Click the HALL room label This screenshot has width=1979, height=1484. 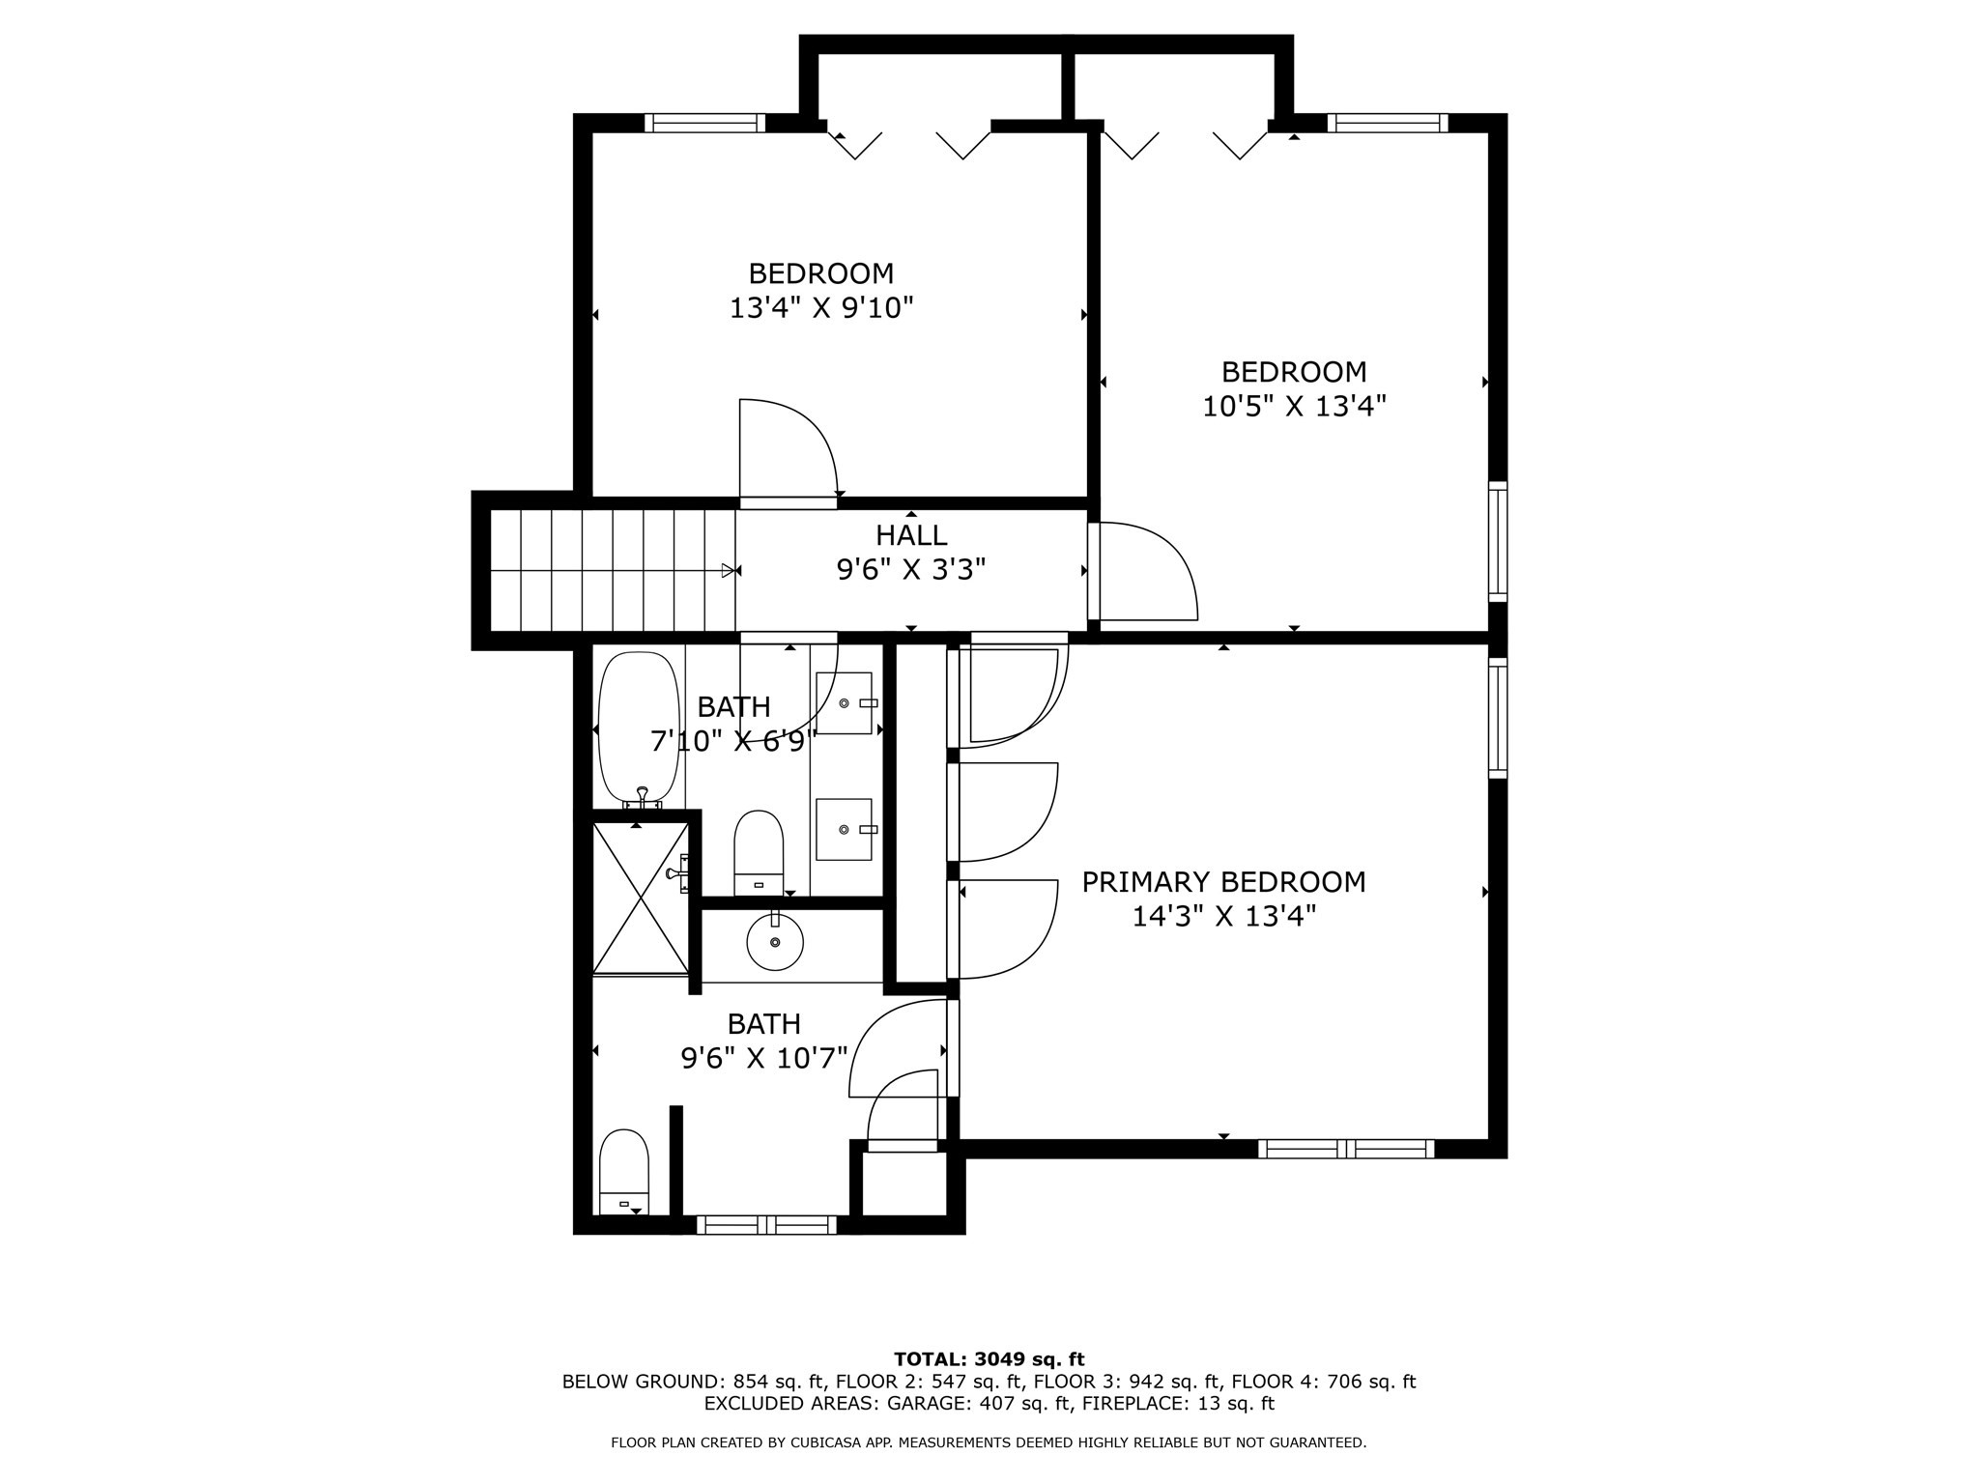911,535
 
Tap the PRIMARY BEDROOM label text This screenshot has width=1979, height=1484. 1223,882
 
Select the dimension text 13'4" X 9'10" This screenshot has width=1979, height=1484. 821,308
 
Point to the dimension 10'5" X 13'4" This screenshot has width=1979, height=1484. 1294,406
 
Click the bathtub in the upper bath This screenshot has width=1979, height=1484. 641,731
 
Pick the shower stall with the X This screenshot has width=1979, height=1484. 640,898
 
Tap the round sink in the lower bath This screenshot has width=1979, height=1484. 775,941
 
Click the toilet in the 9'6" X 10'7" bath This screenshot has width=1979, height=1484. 624,1172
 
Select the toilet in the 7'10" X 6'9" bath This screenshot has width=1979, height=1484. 759,853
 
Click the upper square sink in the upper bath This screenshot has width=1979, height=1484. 844,703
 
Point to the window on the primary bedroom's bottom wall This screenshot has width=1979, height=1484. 1346,1149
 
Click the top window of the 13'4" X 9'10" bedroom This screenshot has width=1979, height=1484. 704,123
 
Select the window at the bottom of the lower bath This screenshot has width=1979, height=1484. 767,1225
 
